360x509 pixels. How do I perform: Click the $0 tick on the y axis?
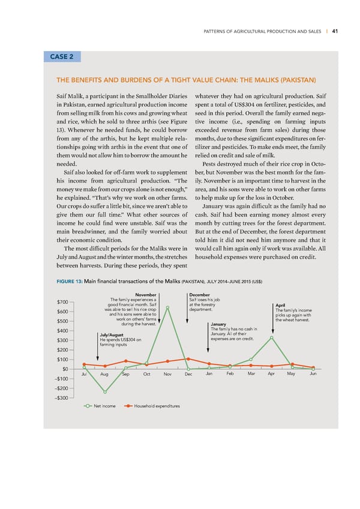click(x=65, y=369)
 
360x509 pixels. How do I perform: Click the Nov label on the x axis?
click(x=167, y=375)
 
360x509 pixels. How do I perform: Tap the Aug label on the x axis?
click(x=104, y=375)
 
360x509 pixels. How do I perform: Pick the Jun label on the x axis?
click(x=313, y=374)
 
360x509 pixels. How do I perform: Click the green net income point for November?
click(x=167, y=308)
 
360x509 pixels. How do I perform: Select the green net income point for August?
click(x=105, y=392)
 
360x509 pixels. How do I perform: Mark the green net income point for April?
click(x=272, y=337)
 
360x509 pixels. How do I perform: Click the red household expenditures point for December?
click(x=188, y=359)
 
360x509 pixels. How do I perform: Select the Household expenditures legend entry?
click(x=154, y=406)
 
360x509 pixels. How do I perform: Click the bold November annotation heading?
click(x=146, y=295)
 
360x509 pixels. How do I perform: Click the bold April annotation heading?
click(x=281, y=304)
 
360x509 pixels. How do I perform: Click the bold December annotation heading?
click(x=199, y=295)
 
